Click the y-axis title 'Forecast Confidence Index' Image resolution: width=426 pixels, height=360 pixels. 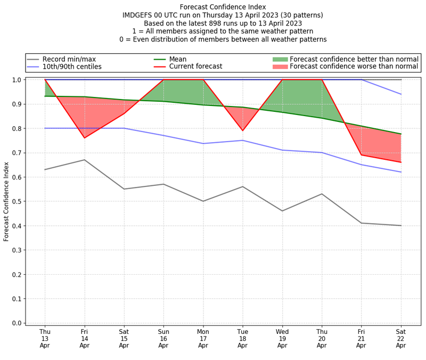click(6, 201)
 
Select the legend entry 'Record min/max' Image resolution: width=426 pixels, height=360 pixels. click(70, 59)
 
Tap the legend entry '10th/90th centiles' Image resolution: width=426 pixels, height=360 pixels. click(72, 67)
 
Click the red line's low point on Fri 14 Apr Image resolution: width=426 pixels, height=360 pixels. click(85, 138)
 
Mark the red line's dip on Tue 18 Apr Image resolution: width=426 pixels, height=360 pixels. click(242, 130)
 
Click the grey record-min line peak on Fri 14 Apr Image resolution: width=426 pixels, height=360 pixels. click(85, 160)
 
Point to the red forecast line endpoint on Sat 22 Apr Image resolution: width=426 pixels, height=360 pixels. click(400, 162)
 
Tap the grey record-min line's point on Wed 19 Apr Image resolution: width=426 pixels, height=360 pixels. click(282, 211)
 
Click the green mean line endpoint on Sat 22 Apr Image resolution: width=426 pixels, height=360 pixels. click(400, 134)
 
